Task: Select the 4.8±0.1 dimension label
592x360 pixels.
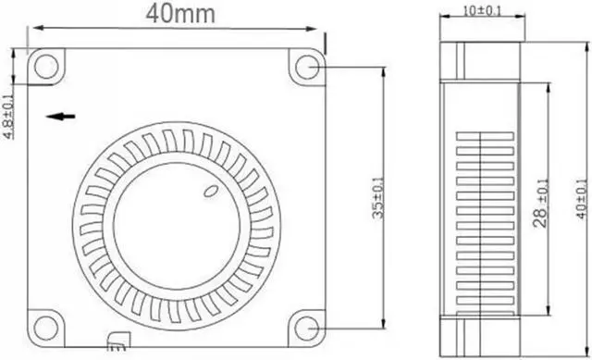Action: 8,116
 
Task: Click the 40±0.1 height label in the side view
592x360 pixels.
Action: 580,200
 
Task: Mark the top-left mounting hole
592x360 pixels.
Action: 45,66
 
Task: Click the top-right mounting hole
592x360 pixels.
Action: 307,67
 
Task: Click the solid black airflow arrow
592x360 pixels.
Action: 61,117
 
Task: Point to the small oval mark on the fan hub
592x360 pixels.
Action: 209,192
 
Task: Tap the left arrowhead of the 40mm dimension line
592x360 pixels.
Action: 33,29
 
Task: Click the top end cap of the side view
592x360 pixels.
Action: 481,59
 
